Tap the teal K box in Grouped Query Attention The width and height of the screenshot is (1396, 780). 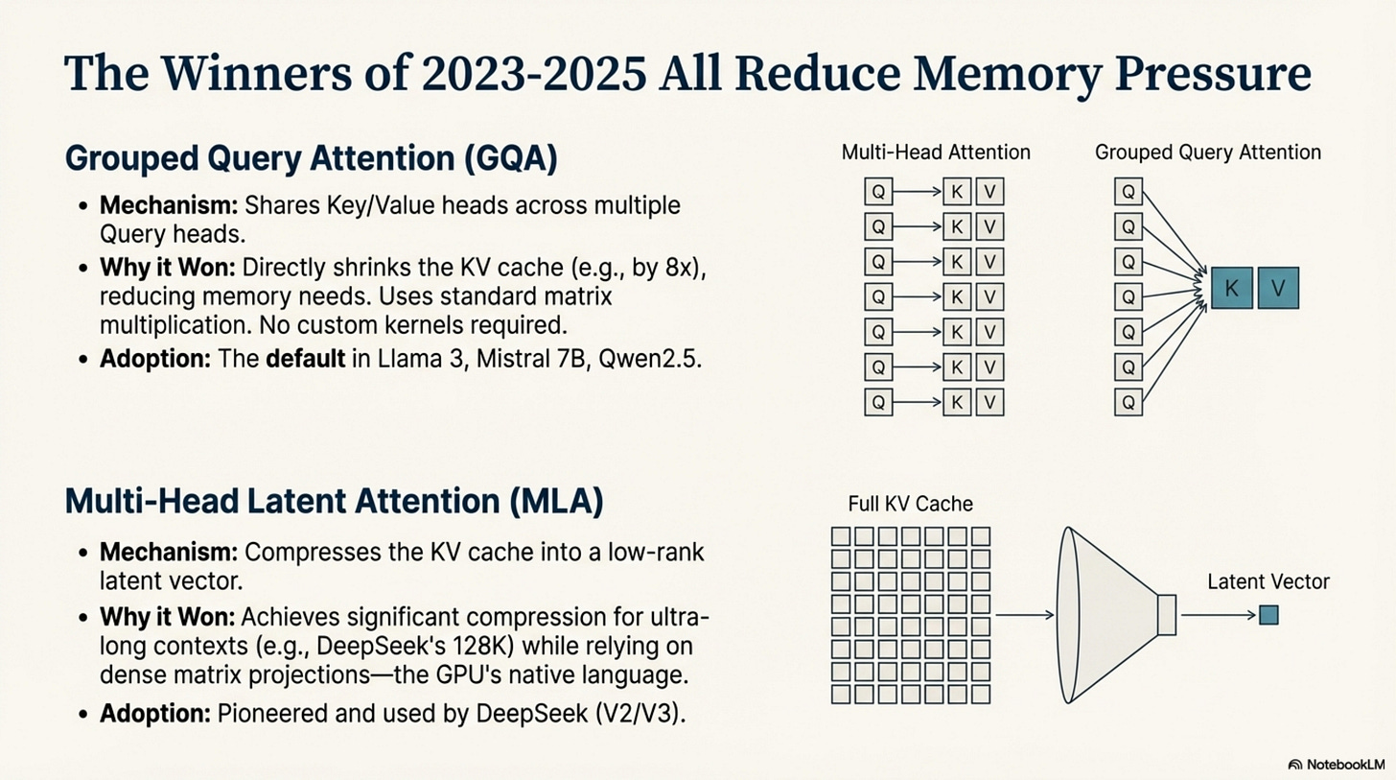pos(1232,288)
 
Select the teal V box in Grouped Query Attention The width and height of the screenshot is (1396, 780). pos(1278,288)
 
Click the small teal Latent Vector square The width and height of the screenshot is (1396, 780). pos(1268,615)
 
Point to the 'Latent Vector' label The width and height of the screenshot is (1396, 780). pos(1268,581)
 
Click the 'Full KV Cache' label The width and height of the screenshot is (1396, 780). pos(910,504)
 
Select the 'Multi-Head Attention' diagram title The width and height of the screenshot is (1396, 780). pos(935,152)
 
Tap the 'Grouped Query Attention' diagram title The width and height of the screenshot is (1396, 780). pos(1208,152)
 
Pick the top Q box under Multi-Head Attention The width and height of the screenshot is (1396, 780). pos(878,192)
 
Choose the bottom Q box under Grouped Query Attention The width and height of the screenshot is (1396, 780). pos(1129,402)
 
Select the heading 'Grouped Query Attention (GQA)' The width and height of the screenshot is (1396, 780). pos(312,158)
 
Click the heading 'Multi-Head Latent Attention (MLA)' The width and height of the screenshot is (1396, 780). pos(334,503)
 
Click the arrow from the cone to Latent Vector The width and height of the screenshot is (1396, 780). pos(1218,615)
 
